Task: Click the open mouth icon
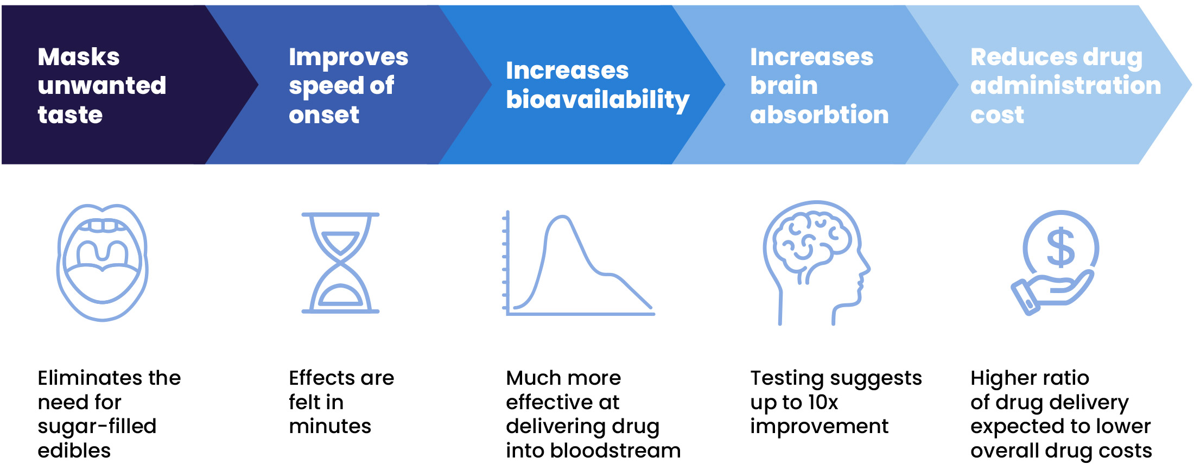[102, 263]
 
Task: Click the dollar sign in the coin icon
[1060, 248]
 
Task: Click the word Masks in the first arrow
[79, 57]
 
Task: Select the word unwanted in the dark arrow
[102, 86]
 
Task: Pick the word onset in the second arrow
[324, 115]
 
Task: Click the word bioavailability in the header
[598, 100]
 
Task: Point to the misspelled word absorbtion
[819, 115]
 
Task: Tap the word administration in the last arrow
[1065, 86]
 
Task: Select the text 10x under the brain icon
[823, 402]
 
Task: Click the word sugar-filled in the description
[97, 427]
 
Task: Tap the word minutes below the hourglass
[330, 427]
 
